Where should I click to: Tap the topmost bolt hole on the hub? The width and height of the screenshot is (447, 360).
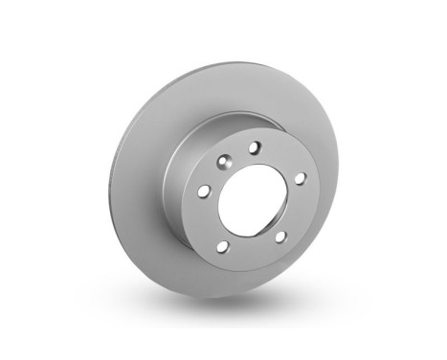point(254,147)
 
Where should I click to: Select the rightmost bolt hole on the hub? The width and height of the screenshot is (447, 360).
point(299,178)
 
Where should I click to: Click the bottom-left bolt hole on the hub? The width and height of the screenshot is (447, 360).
point(222,247)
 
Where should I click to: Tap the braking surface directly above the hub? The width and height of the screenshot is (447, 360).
point(239,91)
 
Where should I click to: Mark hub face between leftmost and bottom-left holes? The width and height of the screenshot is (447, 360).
point(206,222)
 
